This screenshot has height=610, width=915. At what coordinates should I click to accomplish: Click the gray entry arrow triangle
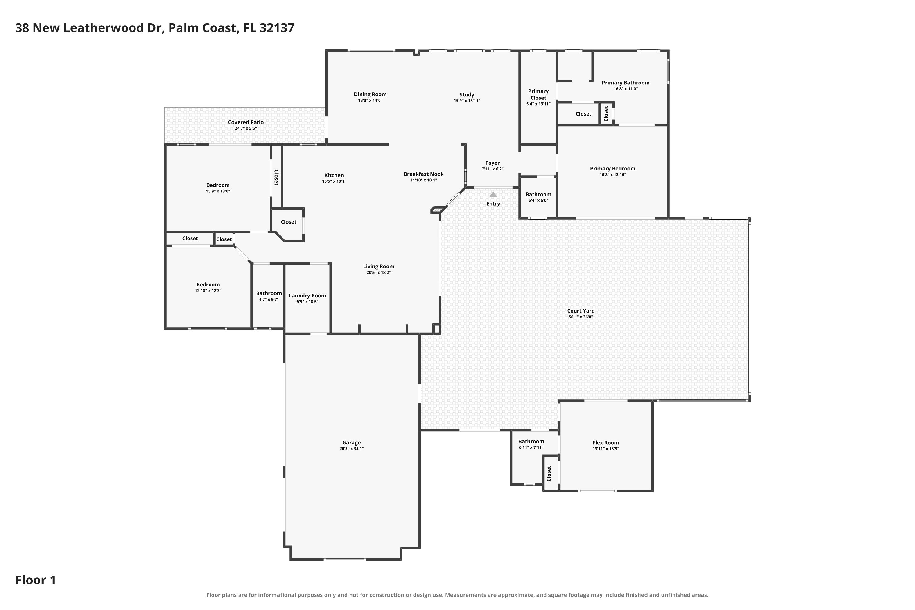pos(493,195)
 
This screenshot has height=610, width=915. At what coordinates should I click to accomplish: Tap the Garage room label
pos(351,443)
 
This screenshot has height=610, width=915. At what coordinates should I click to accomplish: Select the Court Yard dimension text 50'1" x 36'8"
pos(580,317)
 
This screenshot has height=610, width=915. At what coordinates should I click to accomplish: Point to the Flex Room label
pos(605,443)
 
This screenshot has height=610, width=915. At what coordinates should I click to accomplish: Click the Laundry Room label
pos(307,296)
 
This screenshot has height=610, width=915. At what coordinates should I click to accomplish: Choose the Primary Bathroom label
pos(626,83)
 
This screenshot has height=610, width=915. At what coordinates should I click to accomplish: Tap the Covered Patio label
pos(246,123)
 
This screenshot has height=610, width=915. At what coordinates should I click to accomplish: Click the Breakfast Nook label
pos(424,174)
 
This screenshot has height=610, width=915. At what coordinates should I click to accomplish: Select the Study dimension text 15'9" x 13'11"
pos(467,101)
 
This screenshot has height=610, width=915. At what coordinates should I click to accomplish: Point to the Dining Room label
pos(370,95)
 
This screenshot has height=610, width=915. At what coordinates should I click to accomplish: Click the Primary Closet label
pos(538,95)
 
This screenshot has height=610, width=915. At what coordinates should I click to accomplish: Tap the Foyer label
pos(493,163)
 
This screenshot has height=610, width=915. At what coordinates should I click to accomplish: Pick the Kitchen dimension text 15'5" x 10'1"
pos(334,181)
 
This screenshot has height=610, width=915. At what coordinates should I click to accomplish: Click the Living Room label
pos(379,267)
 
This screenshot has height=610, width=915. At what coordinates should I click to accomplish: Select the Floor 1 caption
pos(36,580)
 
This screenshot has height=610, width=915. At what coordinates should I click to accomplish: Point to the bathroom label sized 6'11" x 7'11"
pos(531,442)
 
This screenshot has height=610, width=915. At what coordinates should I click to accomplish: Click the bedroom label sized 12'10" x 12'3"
pos(208,285)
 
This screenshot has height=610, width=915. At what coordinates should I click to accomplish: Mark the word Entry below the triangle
pos(493,204)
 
